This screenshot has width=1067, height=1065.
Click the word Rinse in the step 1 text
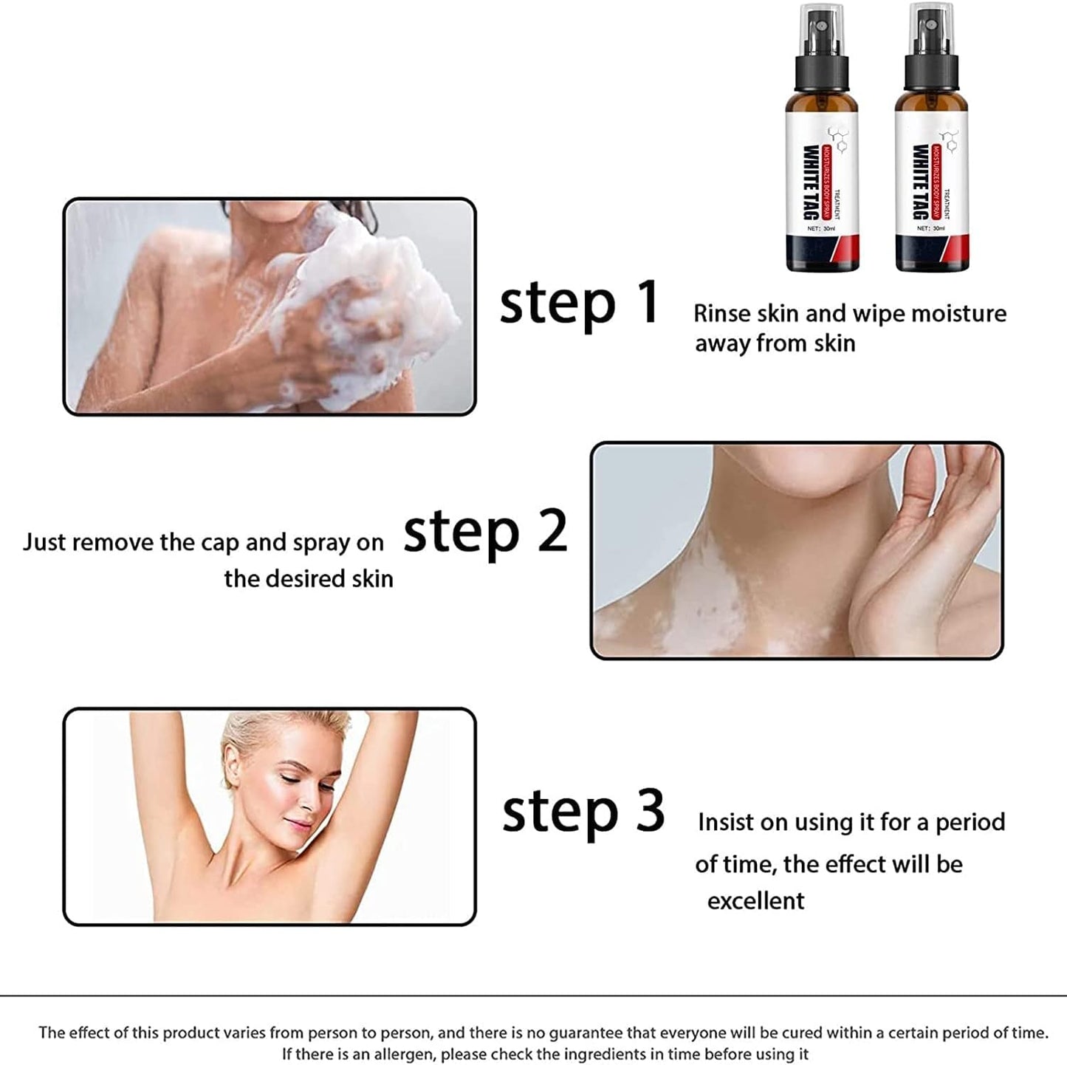[720, 314]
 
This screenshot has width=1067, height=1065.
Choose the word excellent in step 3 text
[755, 901]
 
